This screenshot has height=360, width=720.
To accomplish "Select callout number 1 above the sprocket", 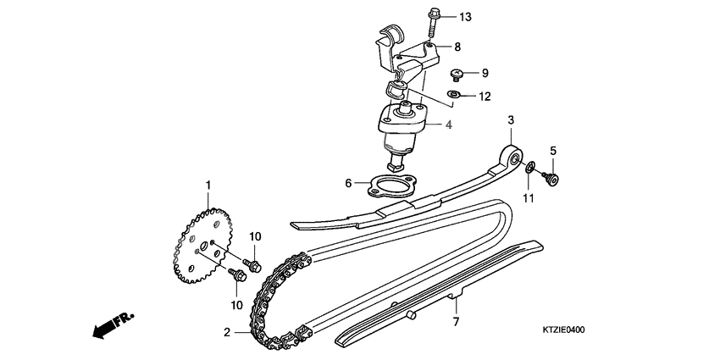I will pos(208,184).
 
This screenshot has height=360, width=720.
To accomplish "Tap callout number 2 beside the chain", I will pos(227,333).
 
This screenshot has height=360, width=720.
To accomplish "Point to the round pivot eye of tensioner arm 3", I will pos(511,157).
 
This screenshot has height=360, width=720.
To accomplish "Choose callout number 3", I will pos(511,120).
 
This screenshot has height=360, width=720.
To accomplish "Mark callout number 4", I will pos(450,125).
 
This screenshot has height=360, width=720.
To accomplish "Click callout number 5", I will pos(553,152).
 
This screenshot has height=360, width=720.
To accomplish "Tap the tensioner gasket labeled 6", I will pos(387,186).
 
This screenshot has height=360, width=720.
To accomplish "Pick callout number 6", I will pos(347,182).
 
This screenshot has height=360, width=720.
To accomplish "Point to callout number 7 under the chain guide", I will pos(455,322).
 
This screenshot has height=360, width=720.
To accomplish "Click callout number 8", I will pos(457,47).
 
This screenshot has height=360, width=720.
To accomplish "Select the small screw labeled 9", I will pos(456,74).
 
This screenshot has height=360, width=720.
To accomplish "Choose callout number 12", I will pos(485,97).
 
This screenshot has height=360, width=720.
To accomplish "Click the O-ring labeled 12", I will pos(454,96).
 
